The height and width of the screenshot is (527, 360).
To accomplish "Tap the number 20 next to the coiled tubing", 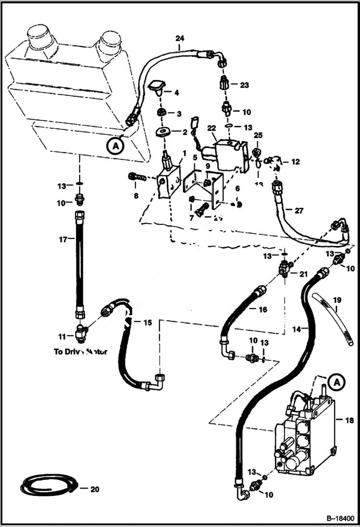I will click(x=96, y=489).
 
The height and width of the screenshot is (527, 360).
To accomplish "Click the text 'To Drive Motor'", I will click(x=80, y=351).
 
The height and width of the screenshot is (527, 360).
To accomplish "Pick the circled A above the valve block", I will click(x=337, y=382).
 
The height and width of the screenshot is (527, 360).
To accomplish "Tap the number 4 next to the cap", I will click(x=176, y=92).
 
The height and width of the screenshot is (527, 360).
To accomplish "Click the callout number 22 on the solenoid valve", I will click(x=211, y=128).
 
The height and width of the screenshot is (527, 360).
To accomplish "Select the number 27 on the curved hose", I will click(x=298, y=210).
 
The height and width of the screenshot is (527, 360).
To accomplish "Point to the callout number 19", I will click(x=338, y=300).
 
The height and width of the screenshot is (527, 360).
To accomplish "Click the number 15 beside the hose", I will click(x=147, y=322).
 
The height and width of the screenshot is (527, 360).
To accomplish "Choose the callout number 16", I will click(x=263, y=310).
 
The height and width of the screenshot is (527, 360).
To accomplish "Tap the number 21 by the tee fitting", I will click(x=303, y=274).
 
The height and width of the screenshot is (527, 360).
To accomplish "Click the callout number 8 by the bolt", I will click(x=136, y=196).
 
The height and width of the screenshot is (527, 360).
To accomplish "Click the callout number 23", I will click(x=245, y=85).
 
